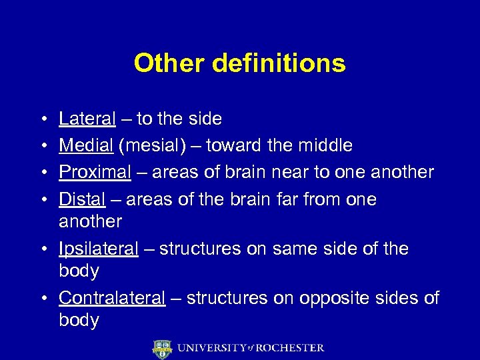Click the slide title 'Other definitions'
point(239,63)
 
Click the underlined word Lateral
point(87,119)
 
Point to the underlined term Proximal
point(95,172)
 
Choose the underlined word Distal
point(82,199)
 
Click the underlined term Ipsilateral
point(99,249)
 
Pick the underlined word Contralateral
point(111,298)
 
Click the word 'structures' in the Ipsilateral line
point(199,249)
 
